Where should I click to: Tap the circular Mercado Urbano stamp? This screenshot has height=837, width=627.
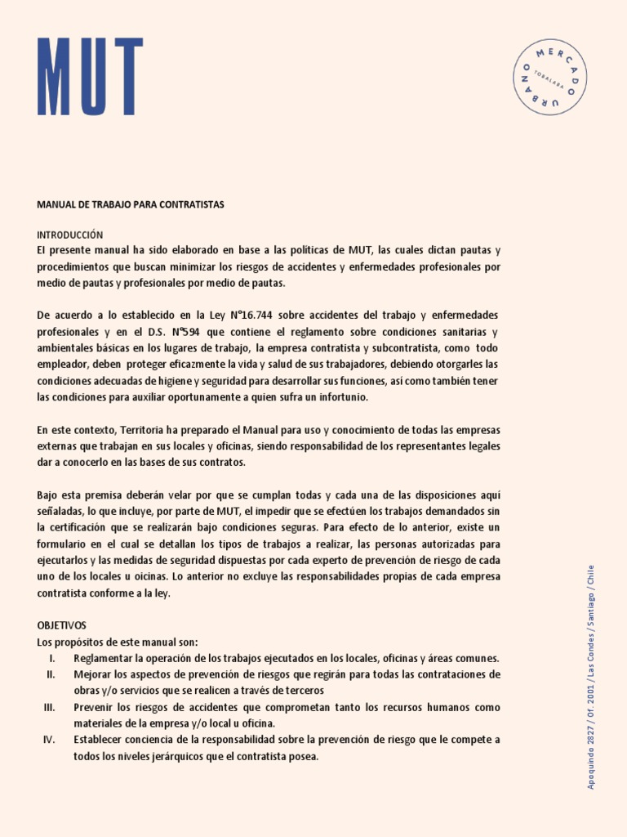[x=552, y=77]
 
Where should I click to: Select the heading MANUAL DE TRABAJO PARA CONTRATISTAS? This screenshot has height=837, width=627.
[x=131, y=204]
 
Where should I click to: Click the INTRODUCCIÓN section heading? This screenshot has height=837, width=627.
[x=70, y=235]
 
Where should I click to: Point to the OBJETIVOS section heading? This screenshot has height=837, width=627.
[x=62, y=625]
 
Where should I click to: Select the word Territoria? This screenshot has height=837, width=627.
[x=145, y=430]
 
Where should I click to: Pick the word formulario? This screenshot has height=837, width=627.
[x=64, y=544]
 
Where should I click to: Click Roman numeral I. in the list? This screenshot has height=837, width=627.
[x=51, y=658]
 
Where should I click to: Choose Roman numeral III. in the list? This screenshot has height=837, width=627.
[x=49, y=707]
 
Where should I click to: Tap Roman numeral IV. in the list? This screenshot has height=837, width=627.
[x=49, y=740]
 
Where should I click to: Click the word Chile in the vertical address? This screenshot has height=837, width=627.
[x=591, y=577]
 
